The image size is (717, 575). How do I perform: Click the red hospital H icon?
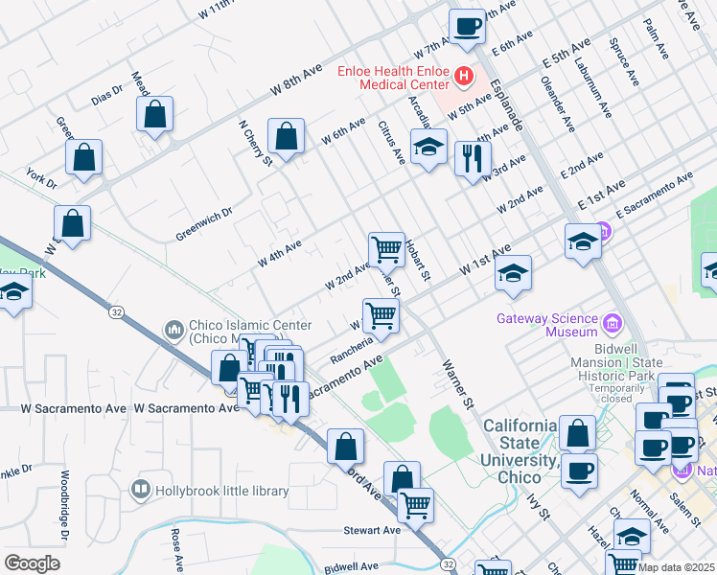[464, 75]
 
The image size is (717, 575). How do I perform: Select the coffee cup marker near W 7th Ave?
[467, 26]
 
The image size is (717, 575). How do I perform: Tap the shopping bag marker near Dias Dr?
[154, 113]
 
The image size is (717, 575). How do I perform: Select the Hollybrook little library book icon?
[142, 490]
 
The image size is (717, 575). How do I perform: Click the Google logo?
[32, 563]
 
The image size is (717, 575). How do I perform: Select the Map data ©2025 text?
[677, 567]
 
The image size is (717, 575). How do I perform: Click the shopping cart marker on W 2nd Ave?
[386, 249]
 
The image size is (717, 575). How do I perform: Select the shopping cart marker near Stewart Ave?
[415, 505]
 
